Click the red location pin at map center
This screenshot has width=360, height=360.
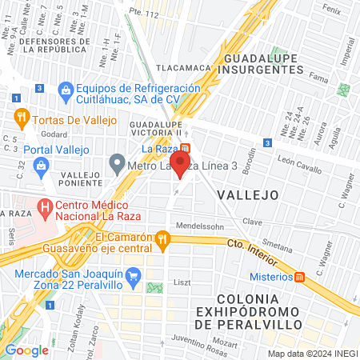point(181,166)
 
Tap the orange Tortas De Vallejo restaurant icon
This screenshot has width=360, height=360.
point(22,120)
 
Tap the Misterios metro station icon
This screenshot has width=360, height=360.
point(300,276)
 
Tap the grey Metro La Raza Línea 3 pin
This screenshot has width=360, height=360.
point(118,166)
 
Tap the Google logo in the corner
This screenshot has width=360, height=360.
point(26,350)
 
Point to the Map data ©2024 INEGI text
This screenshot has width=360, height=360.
point(311,354)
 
